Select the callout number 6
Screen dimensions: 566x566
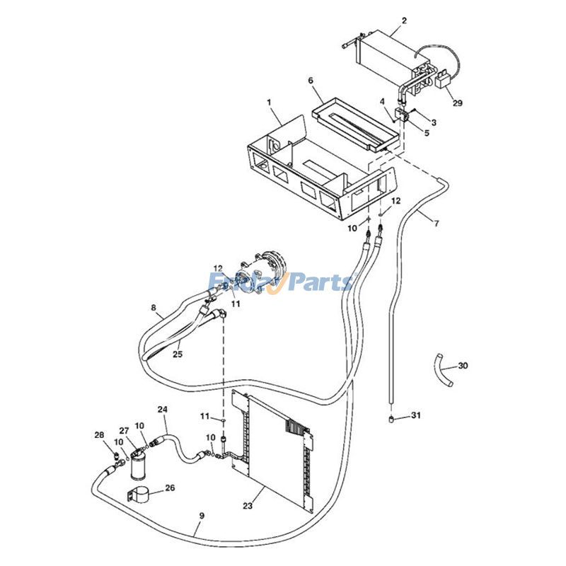click(311, 81)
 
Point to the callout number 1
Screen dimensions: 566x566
click(269, 103)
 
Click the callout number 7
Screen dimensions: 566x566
click(437, 224)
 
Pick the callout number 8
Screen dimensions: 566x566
click(154, 308)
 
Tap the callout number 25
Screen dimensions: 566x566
click(178, 354)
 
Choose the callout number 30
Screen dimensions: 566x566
click(463, 366)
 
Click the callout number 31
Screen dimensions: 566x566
click(416, 415)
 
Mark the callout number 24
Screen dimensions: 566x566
click(162, 410)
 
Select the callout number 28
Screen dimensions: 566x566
click(99, 434)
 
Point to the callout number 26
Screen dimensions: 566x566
click(170, 487)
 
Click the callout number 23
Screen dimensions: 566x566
click(248, 506)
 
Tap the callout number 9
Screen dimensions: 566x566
click(201, 516)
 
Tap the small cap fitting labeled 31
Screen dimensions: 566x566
click(391, 418)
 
